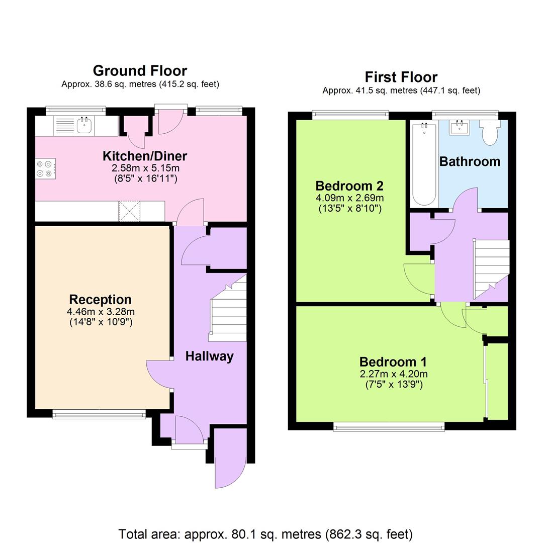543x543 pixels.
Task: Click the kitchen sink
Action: [84, 126]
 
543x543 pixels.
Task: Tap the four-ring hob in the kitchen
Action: [45, 168]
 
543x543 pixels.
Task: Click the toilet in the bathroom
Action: [489, 132]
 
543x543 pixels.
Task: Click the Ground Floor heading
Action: [140, 70]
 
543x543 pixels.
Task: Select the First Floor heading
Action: [401, 77]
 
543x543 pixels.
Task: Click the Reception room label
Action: [100, 300]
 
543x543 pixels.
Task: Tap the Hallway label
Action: [209, 356]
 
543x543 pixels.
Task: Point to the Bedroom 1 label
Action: [393, 362]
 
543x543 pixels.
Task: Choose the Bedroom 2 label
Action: [349, 185]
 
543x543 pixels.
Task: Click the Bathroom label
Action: [470, 161]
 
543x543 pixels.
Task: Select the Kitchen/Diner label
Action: [145, 155]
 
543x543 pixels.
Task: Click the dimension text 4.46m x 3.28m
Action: [101, 311]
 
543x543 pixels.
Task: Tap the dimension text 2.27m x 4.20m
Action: [394, 374]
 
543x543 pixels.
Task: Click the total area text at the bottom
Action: [265, 533]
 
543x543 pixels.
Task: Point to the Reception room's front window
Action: [99, 414]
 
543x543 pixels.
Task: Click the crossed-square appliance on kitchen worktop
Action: [129, 211]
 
